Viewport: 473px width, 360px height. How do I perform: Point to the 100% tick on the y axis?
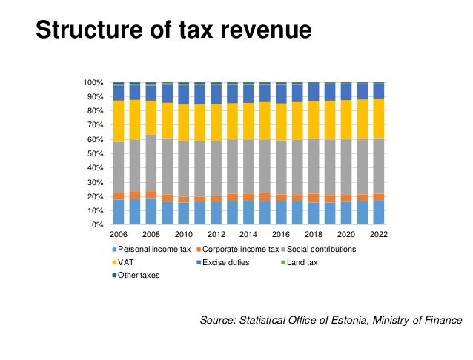point(93,82)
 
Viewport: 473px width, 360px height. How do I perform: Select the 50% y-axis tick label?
point(95,153)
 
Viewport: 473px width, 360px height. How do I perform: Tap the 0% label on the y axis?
point(97,225)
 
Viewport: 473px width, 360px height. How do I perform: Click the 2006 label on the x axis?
point(118,235)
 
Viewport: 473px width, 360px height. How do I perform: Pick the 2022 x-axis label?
point(378,235)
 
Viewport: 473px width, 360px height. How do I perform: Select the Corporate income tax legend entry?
point(242,249)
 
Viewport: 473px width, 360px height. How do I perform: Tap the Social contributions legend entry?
point(322,249)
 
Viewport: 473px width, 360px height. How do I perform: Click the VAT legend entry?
point(123,261)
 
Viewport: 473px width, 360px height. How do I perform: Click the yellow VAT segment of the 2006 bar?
point(118,121)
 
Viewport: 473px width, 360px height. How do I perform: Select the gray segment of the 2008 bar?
point(150,163)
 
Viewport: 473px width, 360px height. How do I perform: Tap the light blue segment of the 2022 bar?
point(378,213)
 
